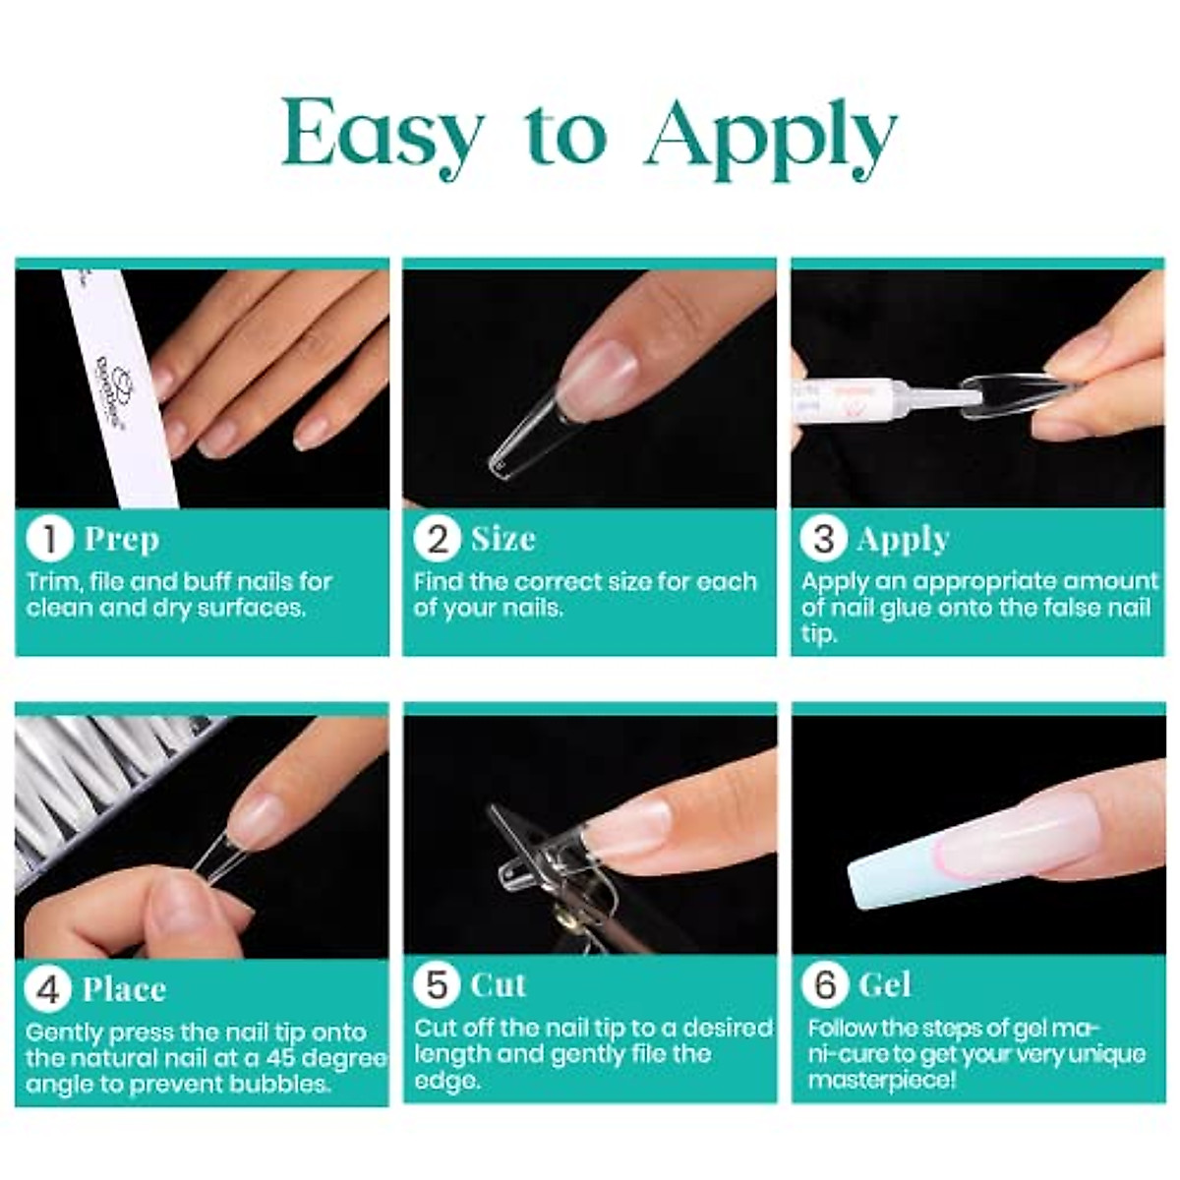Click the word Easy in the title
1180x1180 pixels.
click(379, 133)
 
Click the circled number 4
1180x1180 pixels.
click(48, 990)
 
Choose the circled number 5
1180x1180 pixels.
click(437, 985)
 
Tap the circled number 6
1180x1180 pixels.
click(825, 985)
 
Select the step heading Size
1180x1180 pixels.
click(503, 539)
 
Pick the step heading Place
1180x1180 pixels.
click(124, 989)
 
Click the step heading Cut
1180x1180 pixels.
click(499, 985)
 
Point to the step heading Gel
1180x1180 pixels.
click(885, 985)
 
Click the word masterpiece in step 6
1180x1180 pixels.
click(881, 1081)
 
